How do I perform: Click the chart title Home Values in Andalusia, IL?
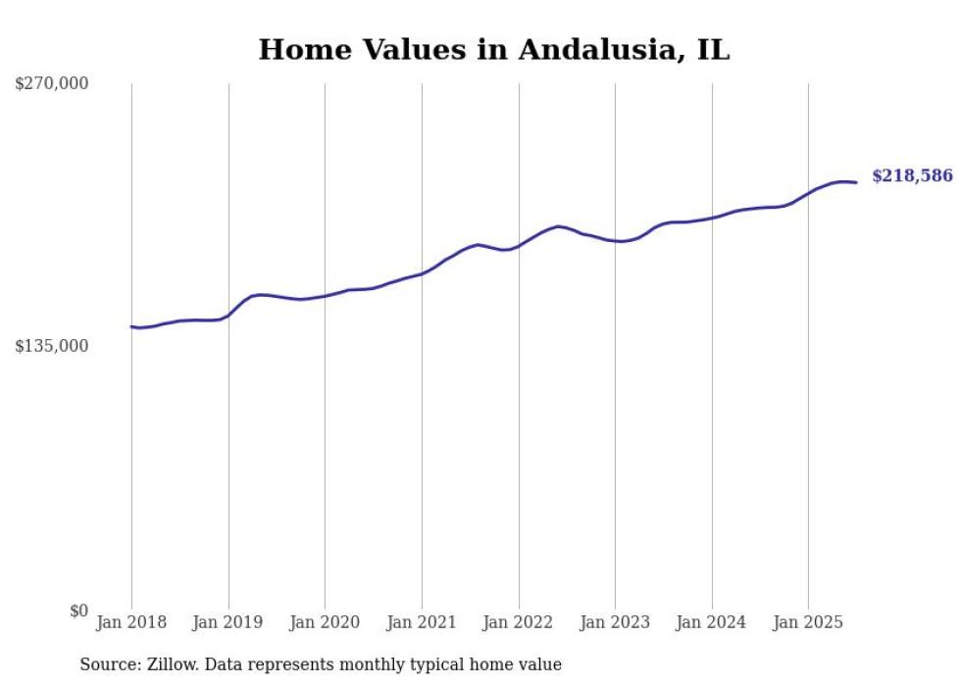(493, 50)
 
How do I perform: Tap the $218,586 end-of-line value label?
(912, 176)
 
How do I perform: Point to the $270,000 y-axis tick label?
(51, 84)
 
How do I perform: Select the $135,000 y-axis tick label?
(51, 346)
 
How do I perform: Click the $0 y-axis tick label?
(78, 611)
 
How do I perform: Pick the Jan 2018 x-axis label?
(131, 622)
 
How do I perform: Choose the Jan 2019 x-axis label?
(228, 622)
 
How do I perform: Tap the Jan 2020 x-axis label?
(325, 622)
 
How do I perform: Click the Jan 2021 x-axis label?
(422, 622)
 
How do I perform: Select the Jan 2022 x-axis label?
(519, 622)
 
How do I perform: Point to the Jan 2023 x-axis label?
(615, 622)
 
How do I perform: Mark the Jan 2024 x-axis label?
(712, 622)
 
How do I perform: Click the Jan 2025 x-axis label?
(808, 622)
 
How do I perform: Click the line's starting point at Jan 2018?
(131, 326)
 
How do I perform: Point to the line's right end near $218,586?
(856, 182)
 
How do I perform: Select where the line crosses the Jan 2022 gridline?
(519, 245)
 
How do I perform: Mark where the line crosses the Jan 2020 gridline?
(325, 296)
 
